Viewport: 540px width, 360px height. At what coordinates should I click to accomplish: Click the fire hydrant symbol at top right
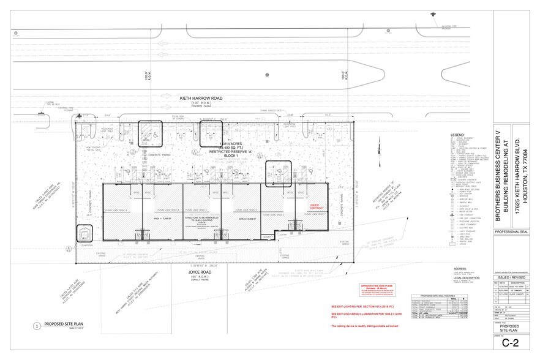pos(432,14)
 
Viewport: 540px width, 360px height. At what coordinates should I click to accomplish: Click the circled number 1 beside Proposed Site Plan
pos(37,326)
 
